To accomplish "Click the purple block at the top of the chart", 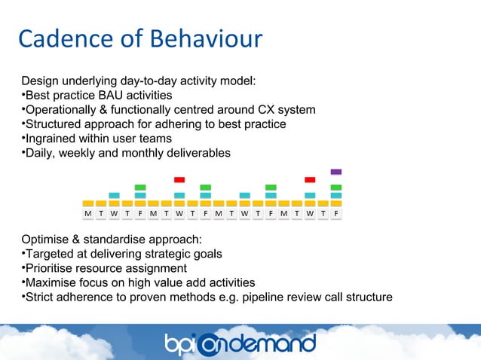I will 336,172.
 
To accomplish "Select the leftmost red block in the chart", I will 179,179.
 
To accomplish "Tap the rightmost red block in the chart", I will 310,179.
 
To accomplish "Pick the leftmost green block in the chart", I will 140,187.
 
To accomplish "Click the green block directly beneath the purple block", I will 336,187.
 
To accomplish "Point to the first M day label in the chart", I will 88,213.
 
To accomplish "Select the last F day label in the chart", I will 336,213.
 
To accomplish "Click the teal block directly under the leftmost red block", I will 179,195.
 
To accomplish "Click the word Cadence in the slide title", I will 62,39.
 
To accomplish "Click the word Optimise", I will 47,239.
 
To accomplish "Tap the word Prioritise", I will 53,268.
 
